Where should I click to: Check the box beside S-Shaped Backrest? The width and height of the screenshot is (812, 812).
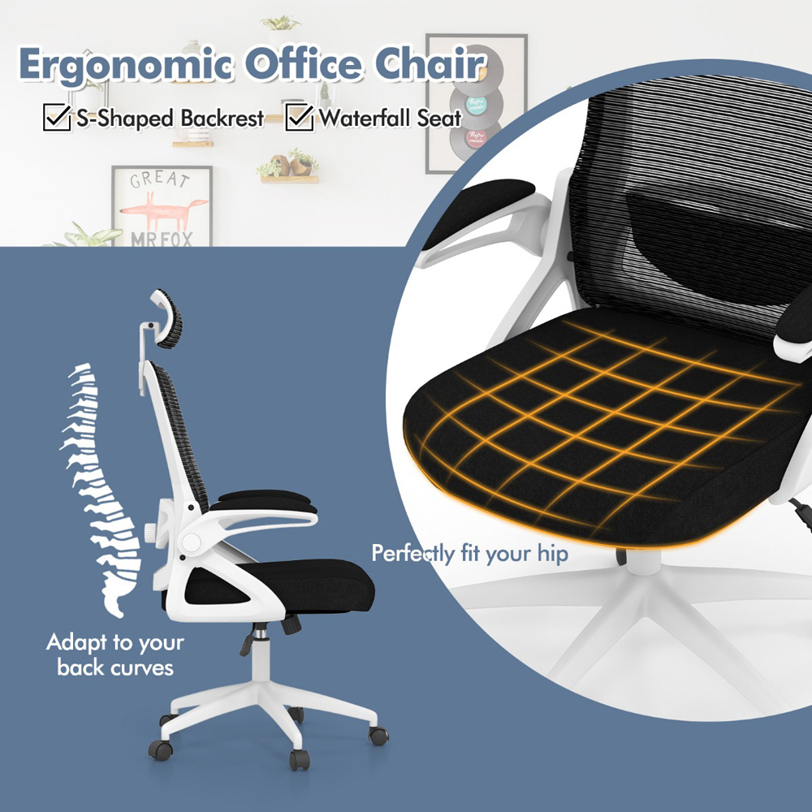coord(56,118)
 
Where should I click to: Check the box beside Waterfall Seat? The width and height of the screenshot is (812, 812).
coord(300,118)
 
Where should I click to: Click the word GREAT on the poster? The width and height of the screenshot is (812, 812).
coord(160,179)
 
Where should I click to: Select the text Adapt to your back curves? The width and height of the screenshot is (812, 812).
coord(114,655)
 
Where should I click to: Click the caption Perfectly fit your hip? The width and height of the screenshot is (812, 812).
coord(469,555)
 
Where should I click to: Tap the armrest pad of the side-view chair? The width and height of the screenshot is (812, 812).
coord(268,501)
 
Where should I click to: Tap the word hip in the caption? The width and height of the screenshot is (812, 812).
coord(551,555)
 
